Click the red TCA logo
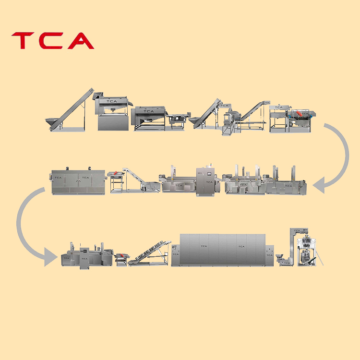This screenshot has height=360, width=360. (x=52, y=41)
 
